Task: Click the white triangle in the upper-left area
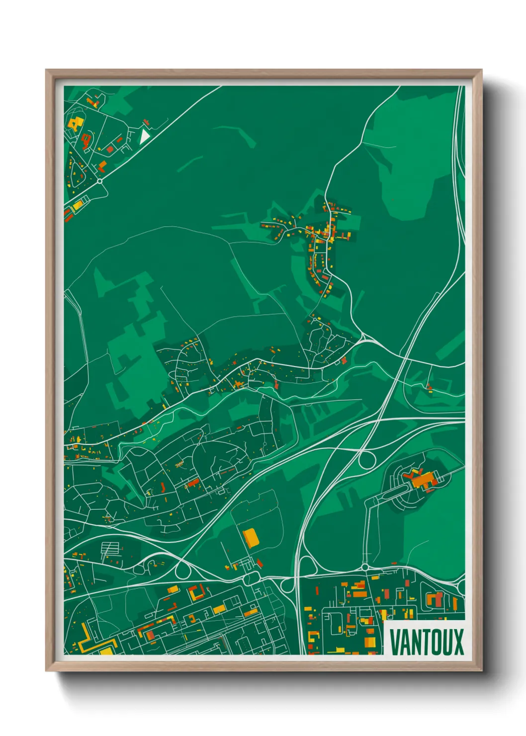pyautogui.click(x=144, y=136)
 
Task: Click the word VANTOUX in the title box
pyautogui.click(x=426, y=642)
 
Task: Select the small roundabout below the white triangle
pyautogui.click(x=100, y=182)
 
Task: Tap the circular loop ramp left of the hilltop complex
pyautogui.click(x=367, y=460)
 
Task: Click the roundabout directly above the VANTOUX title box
pyautogui.click(x=364, y=567)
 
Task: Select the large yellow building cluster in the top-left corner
pyautogui.click(x=75, y=123)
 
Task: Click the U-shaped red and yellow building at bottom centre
pyautogui.click(x=196, y=593)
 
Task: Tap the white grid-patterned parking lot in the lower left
pyautogui.click(x=110, y=550)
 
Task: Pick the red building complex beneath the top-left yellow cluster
pyautogui.click(x=86, y=141)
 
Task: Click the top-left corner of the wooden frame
pyautogui.click(x=46, y=70)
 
